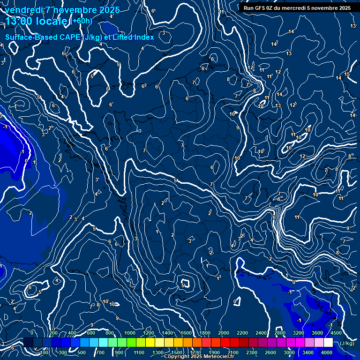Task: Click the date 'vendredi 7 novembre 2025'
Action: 62,10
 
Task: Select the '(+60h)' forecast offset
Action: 81,21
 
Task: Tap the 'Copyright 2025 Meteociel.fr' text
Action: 199,357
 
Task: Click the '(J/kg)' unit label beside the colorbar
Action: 347,343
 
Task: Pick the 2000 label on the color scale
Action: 224,333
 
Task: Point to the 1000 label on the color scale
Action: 130,333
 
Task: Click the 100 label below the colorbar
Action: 46,352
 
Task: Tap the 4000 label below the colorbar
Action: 327,352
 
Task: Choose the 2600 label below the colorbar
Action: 270,352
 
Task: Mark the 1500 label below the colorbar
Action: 177,352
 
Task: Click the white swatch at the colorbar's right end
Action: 328,343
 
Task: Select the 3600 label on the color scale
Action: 317,333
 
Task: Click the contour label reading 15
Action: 347,75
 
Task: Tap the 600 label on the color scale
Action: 91,333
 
